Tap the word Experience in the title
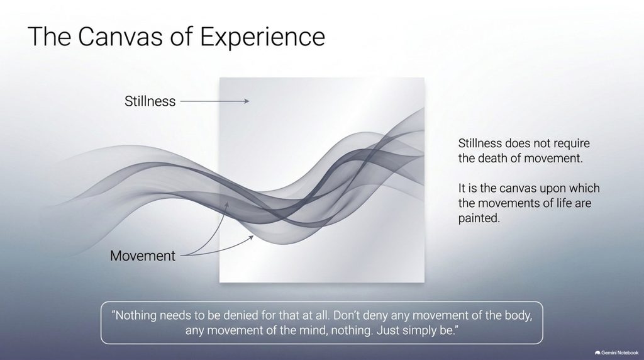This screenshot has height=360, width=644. (x=262, y=37)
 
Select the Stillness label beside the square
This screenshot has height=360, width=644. (x=150, y=101)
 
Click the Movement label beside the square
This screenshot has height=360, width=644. (x=143, y=256)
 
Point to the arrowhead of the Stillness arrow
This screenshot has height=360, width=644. (x=247, y=101)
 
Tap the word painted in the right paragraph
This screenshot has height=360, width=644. (x=479, y=218)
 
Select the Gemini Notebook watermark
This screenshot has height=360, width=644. (x=616, y=352)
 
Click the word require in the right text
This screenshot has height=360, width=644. (x=572, y=143)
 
